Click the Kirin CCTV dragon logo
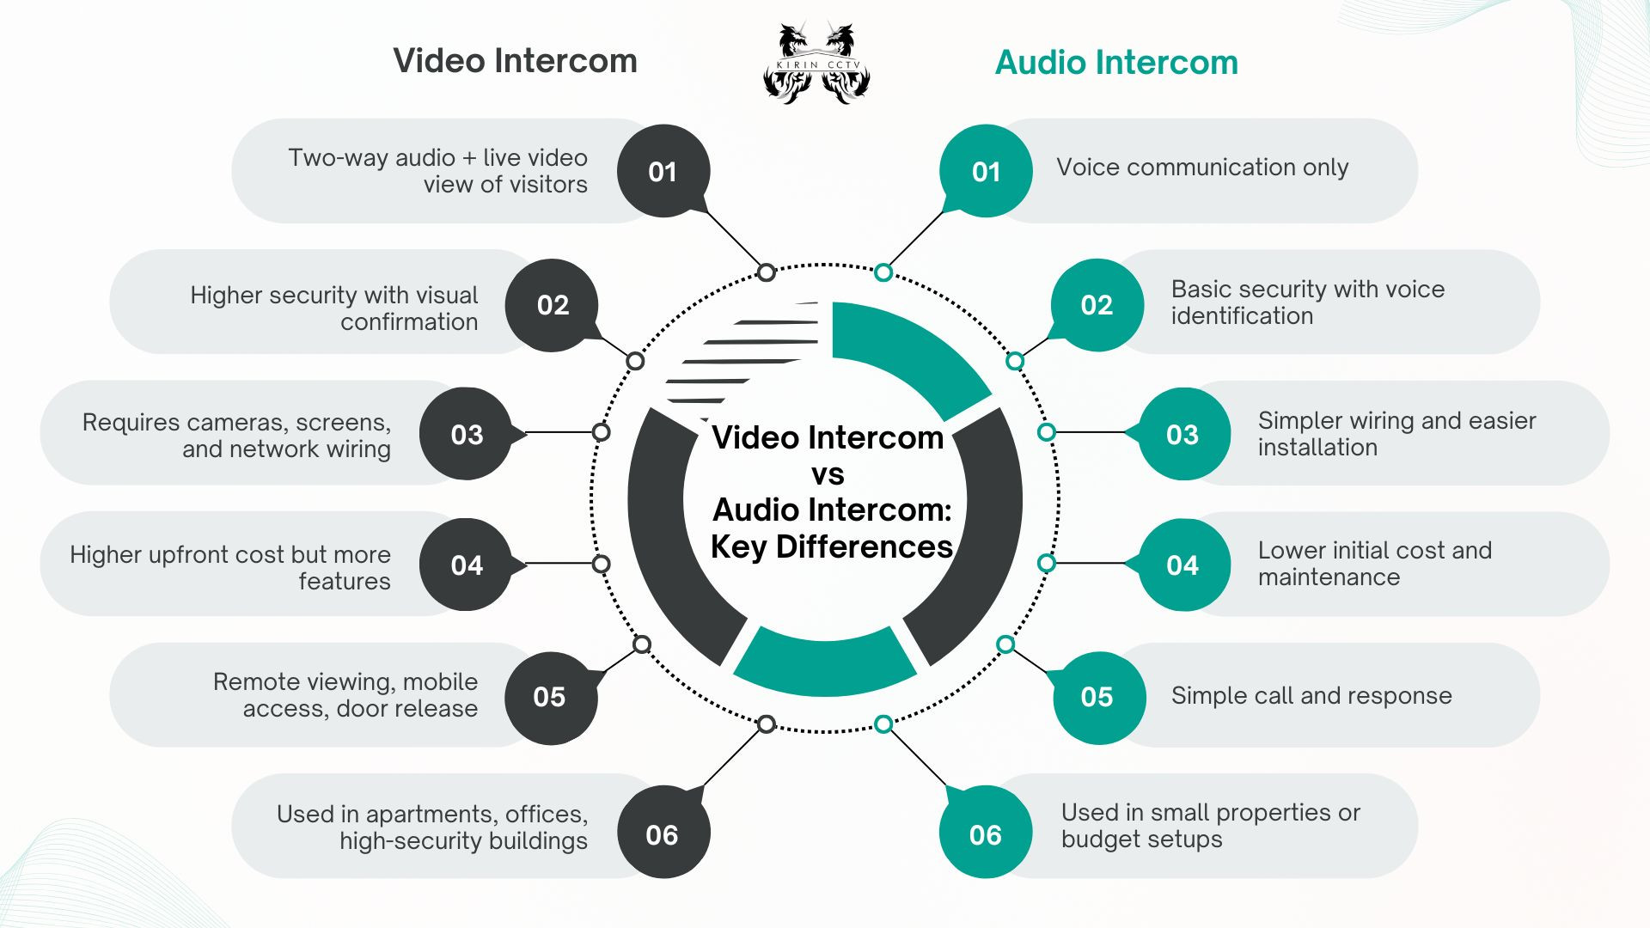[816, 63]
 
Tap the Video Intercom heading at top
[515, 61]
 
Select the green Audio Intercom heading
[1116, 63]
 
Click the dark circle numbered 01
[663, 171]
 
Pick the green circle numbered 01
[986, 171]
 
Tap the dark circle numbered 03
[467, 434]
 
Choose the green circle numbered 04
[1183, 565]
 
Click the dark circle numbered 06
[663, 833]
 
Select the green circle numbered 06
[986, 833]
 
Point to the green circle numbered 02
[1097, 305]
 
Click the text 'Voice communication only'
[1202, 167]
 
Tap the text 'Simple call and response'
[1311, 695]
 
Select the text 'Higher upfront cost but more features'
[230, 567]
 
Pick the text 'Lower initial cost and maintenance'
[1375, 564]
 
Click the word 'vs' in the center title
[828, 474]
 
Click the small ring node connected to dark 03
[602, 431]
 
